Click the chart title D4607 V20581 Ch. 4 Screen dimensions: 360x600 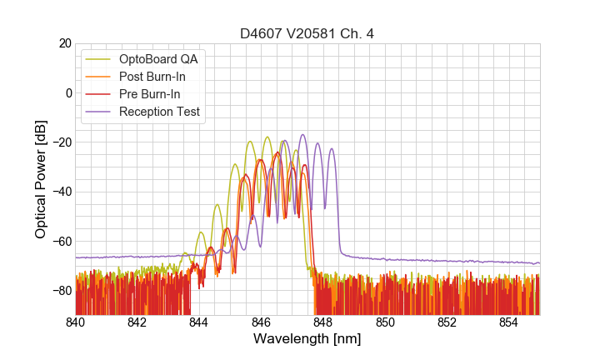(x=307, y=33)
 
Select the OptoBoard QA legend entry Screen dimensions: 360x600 (x=162, y=59)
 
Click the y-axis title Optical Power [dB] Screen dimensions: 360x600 (x=41, y=179)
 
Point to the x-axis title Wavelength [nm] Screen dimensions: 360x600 (x=307, y=339)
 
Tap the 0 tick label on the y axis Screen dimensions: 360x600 (x=68, y=92)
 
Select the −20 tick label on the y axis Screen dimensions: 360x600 (x=62, y=142)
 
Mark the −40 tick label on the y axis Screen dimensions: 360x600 (x=62, y=192)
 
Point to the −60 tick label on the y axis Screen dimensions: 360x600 (x=62, y=241)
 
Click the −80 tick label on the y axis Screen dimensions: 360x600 (x=62, y=290)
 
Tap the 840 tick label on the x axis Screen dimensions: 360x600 (x=76, y=322)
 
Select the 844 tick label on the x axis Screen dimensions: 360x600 (x=199, y=322)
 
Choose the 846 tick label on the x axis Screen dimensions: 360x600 (x=261, y=322)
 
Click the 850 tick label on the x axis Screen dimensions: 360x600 (x=385, y=322)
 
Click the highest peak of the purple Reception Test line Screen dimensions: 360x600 (x=302, y=134)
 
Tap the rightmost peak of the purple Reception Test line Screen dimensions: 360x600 (x=331, y=149)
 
